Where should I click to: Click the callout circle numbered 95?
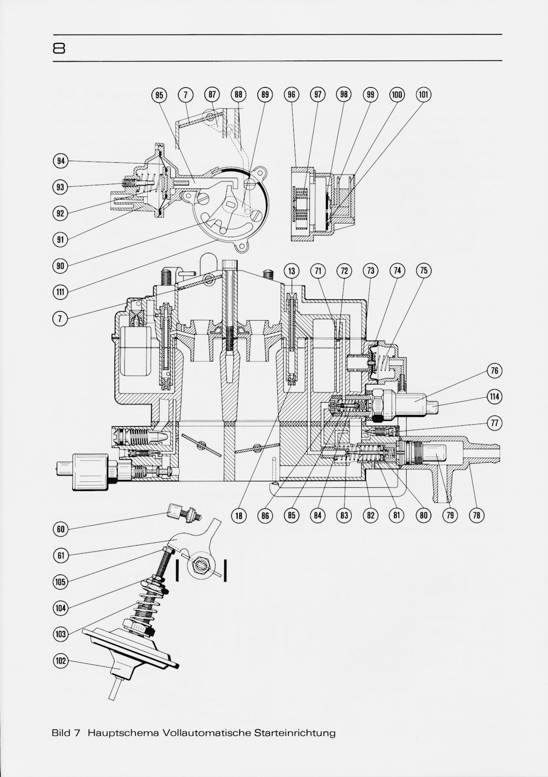click(x=159, y=95)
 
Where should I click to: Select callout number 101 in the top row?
click(x=423, y=95)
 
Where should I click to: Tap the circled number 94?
click(x=61, y=161)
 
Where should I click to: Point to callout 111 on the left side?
click(x=61, y=292)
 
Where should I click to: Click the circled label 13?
click(x=292, y=271)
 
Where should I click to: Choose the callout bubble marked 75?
click(x=423, y=271)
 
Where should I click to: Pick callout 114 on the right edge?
click(x=494, y=397)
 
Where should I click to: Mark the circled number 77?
click(x=494, y=423)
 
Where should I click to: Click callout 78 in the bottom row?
click(x=476, y=516)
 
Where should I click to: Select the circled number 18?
click(x=239, y=516)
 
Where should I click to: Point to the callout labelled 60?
click(x=61, y=529)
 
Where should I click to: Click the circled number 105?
click(x=61, y=582)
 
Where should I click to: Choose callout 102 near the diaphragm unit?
click(x=61, y=661)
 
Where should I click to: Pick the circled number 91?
click(x=61, y=239)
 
